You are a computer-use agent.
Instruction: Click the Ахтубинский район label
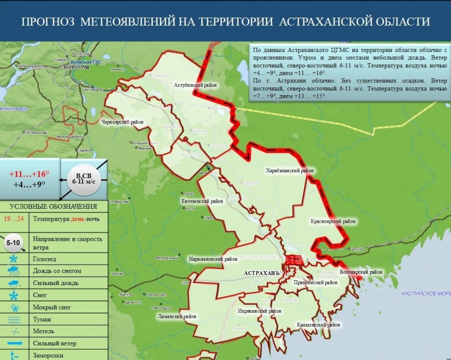(195, 85)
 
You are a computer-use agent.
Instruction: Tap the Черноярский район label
(122, 122)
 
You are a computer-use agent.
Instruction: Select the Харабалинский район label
(290, 170)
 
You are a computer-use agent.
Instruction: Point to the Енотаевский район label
(202, 202)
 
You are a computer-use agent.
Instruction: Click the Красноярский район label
(333, 222)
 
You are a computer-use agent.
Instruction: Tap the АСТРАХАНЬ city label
(261, 272)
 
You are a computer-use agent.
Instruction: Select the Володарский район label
(362, 272)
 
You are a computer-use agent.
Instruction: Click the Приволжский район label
(315, 282)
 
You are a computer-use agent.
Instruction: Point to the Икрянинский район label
(260, 311)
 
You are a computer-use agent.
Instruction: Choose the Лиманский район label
(177, 317)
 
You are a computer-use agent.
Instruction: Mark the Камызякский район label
(318, 325)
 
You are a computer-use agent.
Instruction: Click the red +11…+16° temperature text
(29, 173)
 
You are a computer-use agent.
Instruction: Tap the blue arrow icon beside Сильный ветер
(14, 343)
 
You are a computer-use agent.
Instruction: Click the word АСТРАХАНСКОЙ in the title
(327, 22)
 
